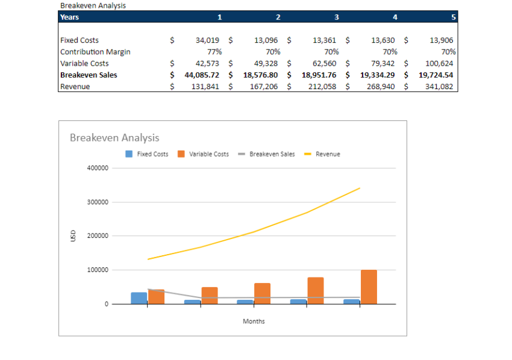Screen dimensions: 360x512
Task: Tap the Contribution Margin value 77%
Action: point(214,52)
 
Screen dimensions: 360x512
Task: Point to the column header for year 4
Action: point(395,17)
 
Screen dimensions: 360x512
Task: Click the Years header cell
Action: point(70,17)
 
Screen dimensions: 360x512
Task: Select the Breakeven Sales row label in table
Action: point(89,75)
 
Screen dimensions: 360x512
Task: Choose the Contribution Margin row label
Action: point(95,52)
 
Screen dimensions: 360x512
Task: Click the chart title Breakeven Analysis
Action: point(114,138)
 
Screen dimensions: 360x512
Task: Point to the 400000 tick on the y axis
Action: point(98,168)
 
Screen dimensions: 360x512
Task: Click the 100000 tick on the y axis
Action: point(98,270)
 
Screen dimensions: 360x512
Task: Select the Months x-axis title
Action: point(254,321)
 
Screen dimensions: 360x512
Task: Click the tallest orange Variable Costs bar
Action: point(369,287)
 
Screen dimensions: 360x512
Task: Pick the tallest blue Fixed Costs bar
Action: point(139,298)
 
